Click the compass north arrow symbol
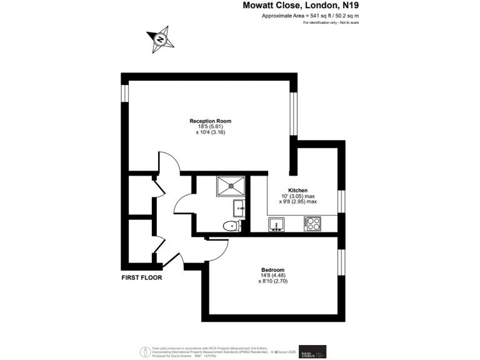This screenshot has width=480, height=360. coord(161,39)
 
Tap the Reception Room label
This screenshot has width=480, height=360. coord(211,121)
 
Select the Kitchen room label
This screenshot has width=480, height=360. coord(297,190)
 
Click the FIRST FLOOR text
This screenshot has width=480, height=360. coord(142,277)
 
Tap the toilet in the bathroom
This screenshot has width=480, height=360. coord(231,226)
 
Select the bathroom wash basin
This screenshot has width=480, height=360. coord(238,207)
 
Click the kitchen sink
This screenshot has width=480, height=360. coord(276,224)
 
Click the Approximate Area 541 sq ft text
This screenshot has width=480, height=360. coord(311,16)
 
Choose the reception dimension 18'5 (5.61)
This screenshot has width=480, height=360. coord(210,126)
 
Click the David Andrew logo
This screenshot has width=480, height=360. coord(312,352)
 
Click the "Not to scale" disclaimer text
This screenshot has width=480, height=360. coord(348,22)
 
